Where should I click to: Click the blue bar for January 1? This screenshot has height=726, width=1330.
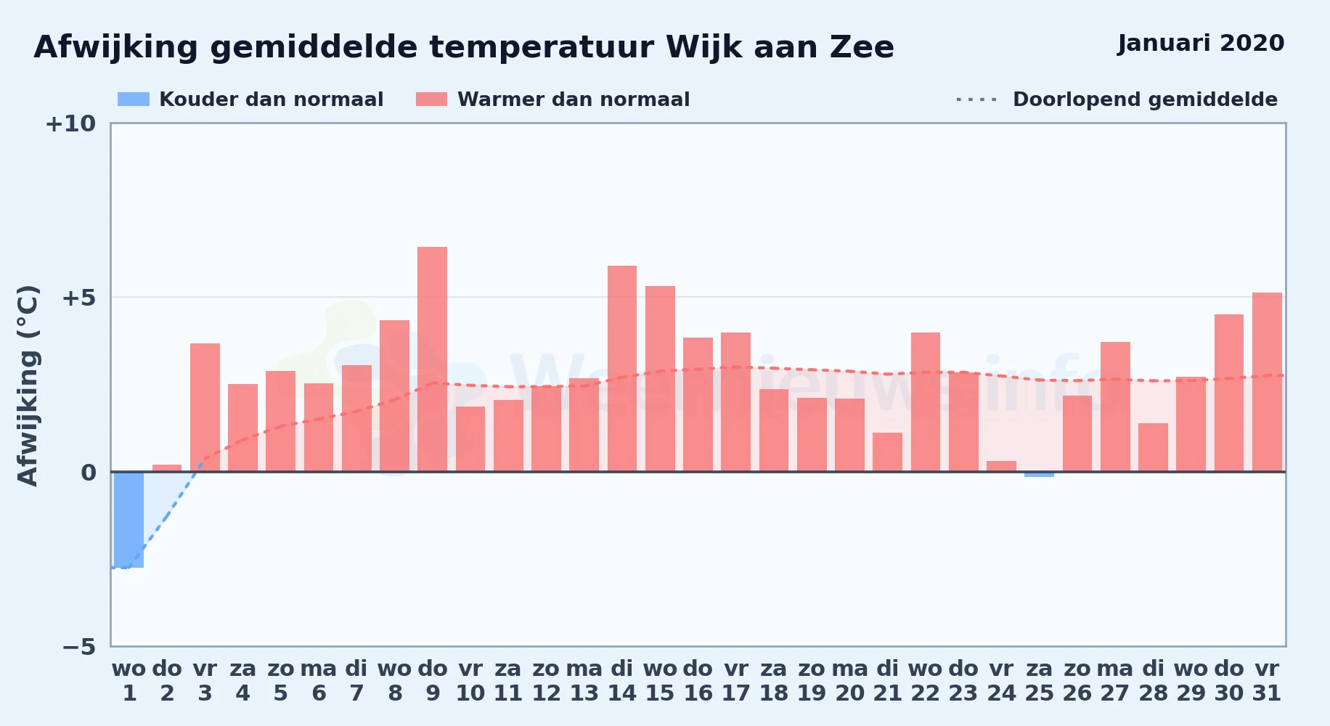pos(129,520)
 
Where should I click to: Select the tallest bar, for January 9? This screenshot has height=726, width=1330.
pos(433,359)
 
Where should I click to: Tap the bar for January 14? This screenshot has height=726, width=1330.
pos(622,369)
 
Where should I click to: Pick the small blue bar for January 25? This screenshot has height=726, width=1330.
pos(1040,474)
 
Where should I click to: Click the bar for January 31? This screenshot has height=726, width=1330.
pos(1267,382)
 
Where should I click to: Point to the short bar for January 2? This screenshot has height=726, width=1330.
pos(167,468)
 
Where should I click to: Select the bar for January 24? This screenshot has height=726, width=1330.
pos(1001,466)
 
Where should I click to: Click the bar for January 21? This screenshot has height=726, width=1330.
pos(888,452)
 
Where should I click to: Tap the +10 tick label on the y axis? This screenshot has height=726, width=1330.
pos(70,123)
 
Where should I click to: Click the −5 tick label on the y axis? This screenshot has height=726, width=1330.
pos(78,646)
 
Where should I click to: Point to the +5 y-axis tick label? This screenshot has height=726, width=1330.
pos(78,298)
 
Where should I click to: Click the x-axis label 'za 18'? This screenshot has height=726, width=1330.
pos(774,681)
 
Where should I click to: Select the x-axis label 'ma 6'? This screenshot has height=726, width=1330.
pos(319,681)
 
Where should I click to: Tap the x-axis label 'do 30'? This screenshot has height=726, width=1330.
pos(1229,681)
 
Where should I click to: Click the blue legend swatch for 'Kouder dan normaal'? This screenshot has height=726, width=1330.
pos(134,99)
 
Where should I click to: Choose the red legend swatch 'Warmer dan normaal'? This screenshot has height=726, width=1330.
pos(431,99)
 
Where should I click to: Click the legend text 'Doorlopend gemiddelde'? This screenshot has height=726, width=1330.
pos(1145,99)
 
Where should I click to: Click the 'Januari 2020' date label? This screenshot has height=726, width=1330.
pos(1201,44)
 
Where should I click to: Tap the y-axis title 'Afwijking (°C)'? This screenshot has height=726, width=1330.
pos(28,385)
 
